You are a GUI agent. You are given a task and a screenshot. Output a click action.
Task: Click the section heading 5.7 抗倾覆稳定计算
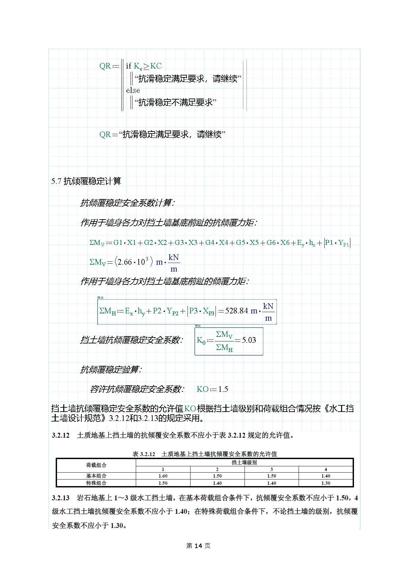pos(86,181)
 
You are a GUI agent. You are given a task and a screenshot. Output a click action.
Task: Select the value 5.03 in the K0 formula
pos(249,340)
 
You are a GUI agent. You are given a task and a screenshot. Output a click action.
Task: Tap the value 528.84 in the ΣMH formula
pos(236,311)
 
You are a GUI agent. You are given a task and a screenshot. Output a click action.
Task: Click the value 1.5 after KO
pos(223,389)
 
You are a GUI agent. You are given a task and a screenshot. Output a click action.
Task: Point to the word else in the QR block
pos(133,90)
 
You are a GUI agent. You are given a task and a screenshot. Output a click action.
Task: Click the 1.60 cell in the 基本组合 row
pos(163,476)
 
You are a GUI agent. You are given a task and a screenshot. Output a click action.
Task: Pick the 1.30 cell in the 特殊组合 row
pos(326,483)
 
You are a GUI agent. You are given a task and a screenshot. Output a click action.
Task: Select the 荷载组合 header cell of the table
pos(96,465)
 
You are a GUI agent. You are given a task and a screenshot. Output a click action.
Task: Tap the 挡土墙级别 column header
pos(244,462)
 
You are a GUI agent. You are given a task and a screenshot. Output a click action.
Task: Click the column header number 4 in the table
pos(326,469)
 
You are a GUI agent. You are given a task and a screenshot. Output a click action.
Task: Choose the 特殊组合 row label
pos(96,483)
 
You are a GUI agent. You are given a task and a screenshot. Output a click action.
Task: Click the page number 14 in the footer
pos(198,546)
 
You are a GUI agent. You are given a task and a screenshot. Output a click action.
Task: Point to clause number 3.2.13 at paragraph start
pos(61,498)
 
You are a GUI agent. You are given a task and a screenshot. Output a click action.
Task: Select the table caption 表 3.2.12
pos(144,454)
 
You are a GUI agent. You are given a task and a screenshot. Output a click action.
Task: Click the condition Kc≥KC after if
pos(148,66)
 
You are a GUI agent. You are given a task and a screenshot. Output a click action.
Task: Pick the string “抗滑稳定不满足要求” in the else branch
pos(175,102)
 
